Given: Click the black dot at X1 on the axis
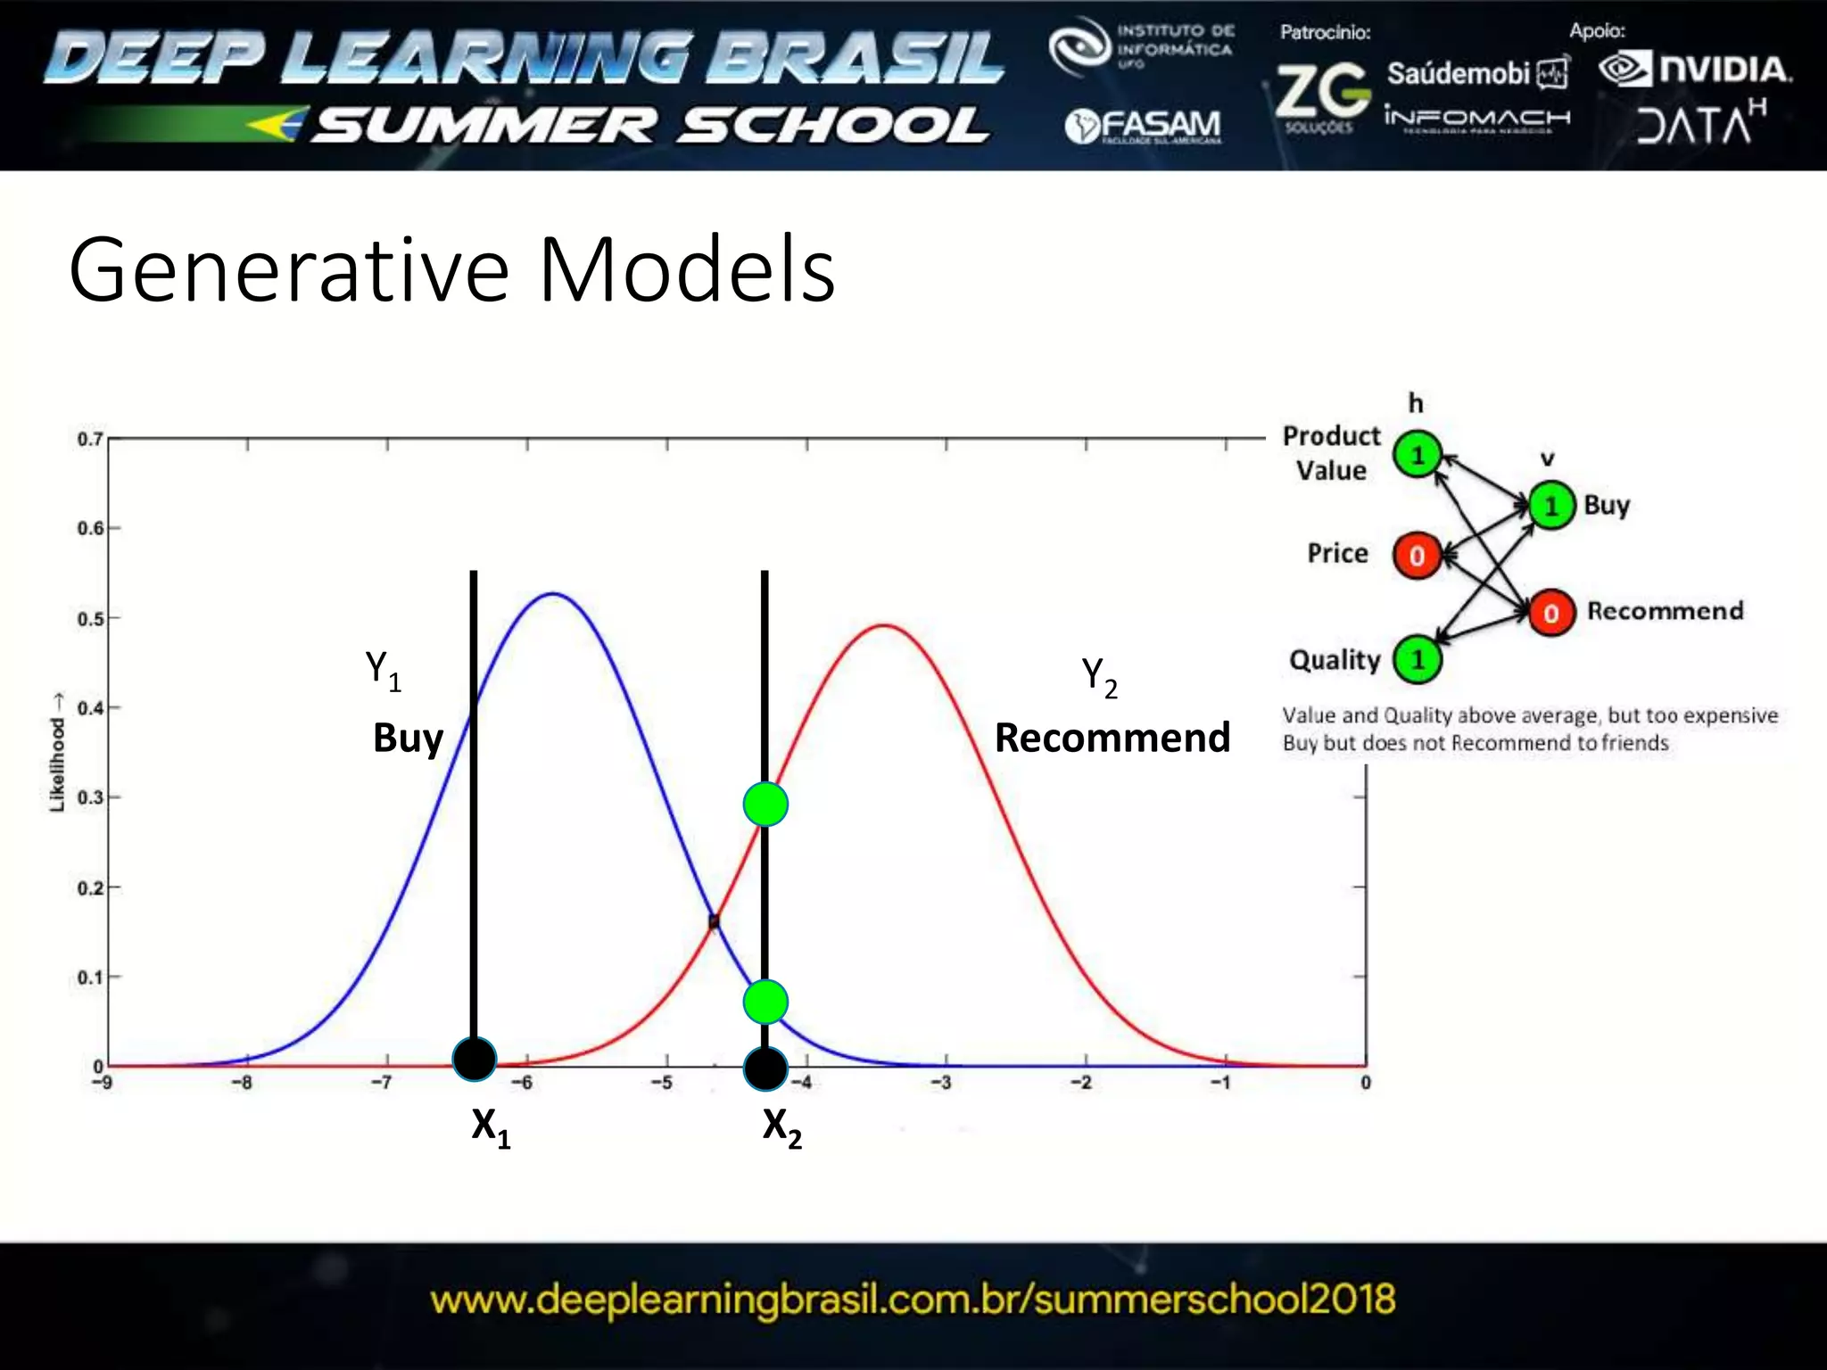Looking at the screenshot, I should [474, 1060].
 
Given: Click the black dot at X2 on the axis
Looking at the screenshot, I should [765, 1069].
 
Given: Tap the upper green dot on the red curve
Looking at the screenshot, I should [765, 805].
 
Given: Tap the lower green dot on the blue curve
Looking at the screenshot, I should [765, 1002].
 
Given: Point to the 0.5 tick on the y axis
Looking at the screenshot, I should [90, 619].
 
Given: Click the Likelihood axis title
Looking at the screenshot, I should [57, 753].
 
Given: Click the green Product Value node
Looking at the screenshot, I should [1417, 454].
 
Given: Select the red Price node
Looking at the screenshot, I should [1416, 556].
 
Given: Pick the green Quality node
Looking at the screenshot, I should [1417, 660].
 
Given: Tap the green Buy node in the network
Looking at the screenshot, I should [1551, 506].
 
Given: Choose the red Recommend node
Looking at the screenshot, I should [1551, 613].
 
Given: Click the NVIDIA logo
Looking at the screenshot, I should [1694, 70].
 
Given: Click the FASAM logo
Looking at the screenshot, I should [1143, 127].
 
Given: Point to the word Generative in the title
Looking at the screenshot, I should [288, 269].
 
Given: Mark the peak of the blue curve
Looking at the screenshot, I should [554, 594].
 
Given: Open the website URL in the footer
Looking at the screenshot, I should [913, 1300].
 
